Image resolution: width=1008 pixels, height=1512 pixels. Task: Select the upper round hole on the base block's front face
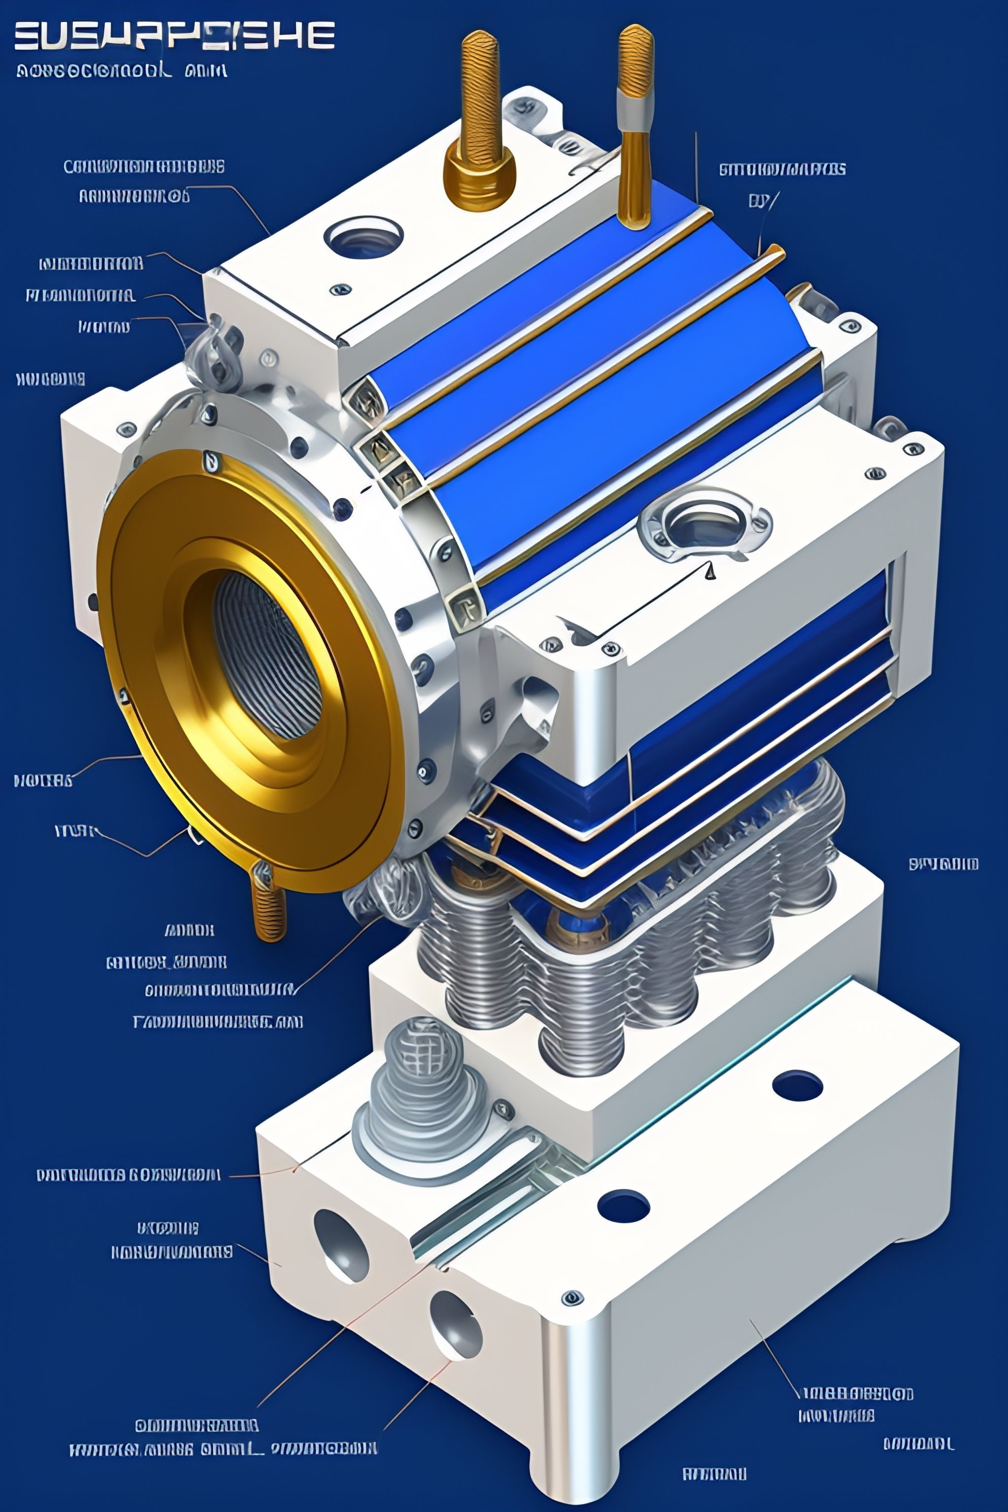(340, 1244)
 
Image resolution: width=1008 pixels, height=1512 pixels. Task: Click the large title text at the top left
(174, 35)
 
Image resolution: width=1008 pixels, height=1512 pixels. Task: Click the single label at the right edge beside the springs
(943, 863)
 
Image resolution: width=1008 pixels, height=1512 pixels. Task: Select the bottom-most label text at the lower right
(714, 1474)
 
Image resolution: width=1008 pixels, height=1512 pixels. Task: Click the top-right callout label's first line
(782, 169)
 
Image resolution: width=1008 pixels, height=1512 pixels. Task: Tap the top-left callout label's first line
(144, 166)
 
